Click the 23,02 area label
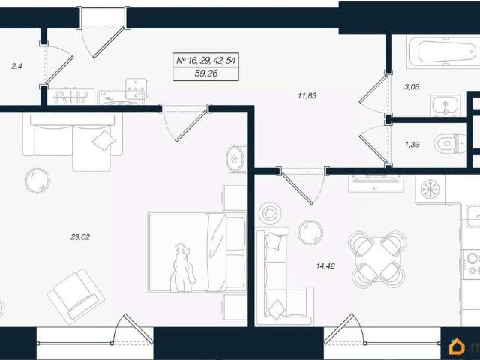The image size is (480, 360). pyautogui.click(x=80, y=237)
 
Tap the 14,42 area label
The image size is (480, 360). pyautogui.click(x=325, y=265)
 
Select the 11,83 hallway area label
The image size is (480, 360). pyautogui.click(x=307, y=95)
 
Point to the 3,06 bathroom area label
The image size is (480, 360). pyautogui.click(x=412, y=87)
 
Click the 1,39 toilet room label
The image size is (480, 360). pyautogui.click(x=412, y=145)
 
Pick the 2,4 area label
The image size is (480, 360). pyautogui.click(x=16, y=66)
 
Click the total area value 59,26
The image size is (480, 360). pyautogui.click(x=206, y=73)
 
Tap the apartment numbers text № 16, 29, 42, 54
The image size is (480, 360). pyautogui.click(x=206, y=60)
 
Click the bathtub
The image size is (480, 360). pyautogui.click(x=443, y=52)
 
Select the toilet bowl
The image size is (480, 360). pyautogui.click(x=450, y=143)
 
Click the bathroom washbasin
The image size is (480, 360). pyautogui.click(x=445, y=106)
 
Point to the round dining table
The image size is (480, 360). pyautogui.click(x=377, y=259)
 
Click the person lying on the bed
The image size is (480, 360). pyautogui.click(x=183, y=268)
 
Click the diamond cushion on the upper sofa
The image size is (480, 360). pyautogui.click(x=104, y=141)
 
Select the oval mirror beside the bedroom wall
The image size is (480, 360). pyautogui.click(x=235, y=159)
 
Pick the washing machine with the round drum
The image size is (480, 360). pyautogui.click(x=430, y=189)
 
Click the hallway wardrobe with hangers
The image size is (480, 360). pyautogui.click(x=71, y=97)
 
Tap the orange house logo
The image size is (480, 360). pyautogui.click(x=457, y=346)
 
